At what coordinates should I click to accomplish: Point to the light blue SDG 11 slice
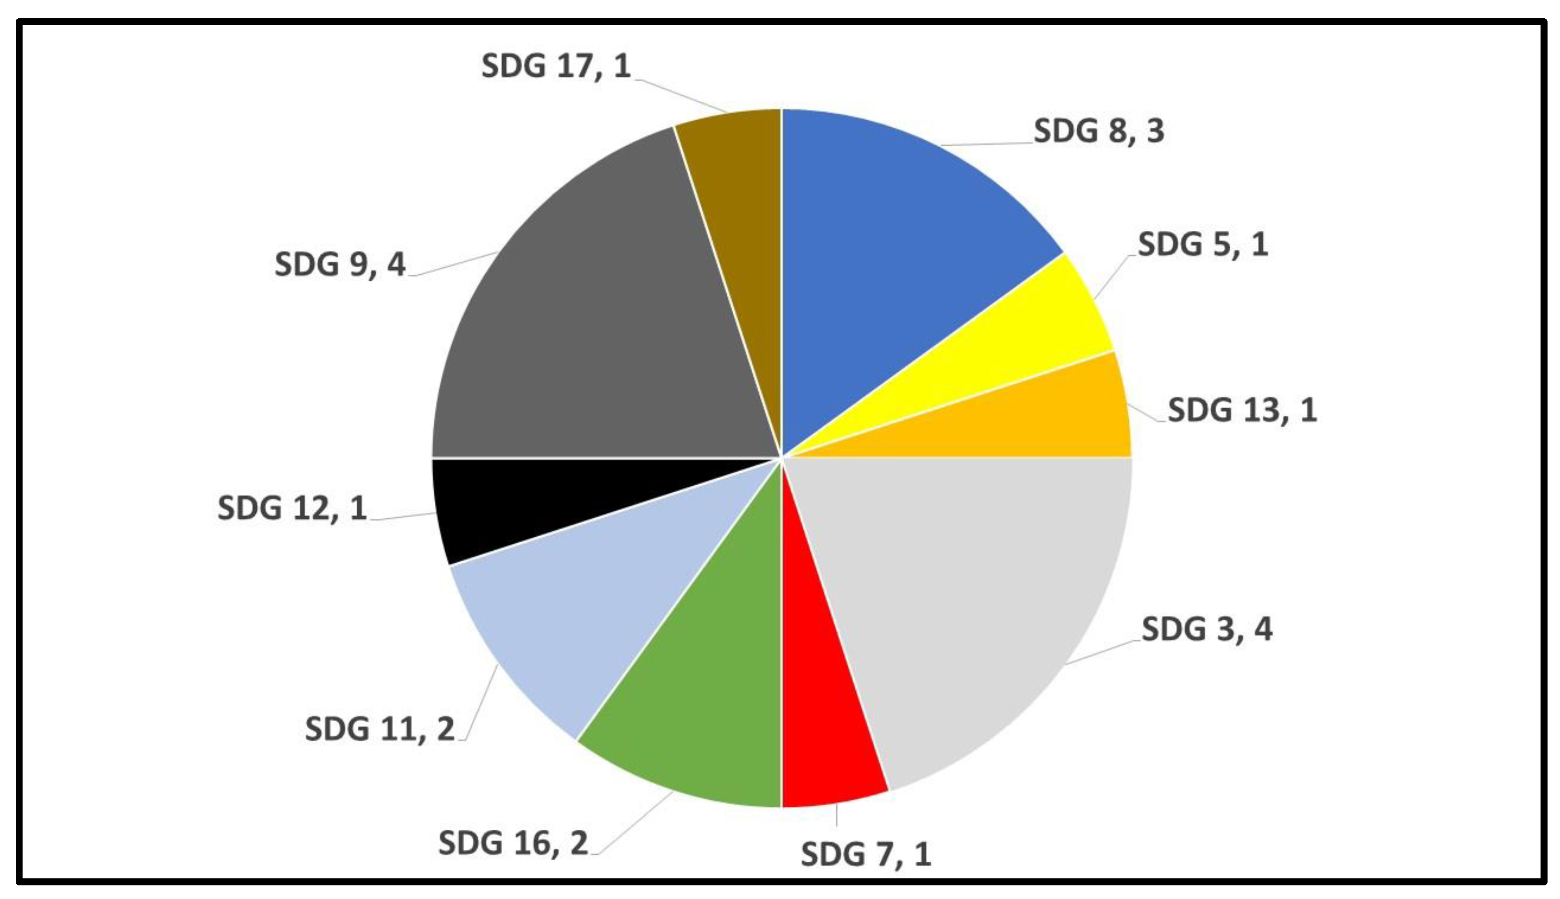pyautogui.click(x=587, y=605)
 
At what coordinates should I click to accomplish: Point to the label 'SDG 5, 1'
pyautogui.click(x=1203, y=244)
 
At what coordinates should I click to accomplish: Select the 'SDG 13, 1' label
pyautogui.click(x=1242, y=410)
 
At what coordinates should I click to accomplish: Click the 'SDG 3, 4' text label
pyautogui.click(x=1207, y=630)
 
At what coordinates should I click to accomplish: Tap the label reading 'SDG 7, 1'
pyautogui.click(x=866, y=855)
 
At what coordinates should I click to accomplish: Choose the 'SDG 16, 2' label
pyautogui.click(x=513, y=843)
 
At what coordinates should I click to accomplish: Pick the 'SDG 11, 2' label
pyautogui.click(x=379, y=729)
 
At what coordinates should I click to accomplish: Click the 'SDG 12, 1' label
pyautogui.click(x=292, y=509)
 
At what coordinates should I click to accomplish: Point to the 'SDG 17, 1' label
pyautogui.click(x=555, y=66)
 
